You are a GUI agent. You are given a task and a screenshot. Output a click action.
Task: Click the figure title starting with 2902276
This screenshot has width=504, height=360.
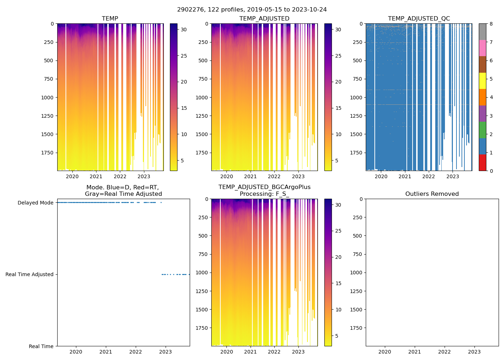coord(252,10)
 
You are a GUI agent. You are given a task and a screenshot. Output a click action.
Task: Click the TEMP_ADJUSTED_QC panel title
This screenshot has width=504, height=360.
coord(419,19)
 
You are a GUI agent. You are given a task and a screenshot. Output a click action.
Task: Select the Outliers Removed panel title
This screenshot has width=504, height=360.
coord(432,194)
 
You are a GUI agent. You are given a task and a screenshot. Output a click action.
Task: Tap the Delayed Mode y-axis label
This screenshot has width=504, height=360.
coord(35,203)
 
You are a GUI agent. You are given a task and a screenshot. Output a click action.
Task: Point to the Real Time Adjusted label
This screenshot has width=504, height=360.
coord(29,275)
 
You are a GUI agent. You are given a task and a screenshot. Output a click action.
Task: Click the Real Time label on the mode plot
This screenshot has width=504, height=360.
coord(41,346)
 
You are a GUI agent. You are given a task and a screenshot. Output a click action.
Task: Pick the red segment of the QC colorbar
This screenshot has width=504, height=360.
coord(482,163)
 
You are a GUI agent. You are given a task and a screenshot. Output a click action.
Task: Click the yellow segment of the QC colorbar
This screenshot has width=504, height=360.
coord(482,81)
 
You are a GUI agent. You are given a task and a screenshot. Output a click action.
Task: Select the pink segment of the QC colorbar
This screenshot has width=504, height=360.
coord(482,48)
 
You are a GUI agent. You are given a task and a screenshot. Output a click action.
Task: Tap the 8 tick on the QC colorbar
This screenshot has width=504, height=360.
coord(491,24)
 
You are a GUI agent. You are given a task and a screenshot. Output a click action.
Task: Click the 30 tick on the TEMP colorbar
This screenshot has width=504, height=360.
coord(184,30)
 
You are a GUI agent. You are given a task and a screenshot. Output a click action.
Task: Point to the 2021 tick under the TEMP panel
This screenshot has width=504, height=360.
coord(96,177)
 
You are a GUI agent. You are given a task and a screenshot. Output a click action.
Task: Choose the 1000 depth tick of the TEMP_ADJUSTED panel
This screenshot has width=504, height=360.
coord(203,98)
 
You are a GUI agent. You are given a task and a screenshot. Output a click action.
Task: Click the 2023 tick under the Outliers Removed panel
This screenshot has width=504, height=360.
coord(474,352)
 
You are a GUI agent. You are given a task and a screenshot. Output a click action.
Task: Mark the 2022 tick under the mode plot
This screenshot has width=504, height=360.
coord(136,352)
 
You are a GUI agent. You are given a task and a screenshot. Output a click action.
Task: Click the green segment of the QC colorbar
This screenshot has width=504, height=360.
coord(482,130)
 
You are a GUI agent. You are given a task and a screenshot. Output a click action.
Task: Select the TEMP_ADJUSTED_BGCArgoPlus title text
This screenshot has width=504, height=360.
coord(264,187)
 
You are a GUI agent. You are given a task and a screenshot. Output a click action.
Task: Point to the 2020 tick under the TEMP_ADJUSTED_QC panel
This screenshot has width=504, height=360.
coord(381,177)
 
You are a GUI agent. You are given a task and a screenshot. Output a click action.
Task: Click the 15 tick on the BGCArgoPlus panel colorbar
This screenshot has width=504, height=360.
coord(338,283)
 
